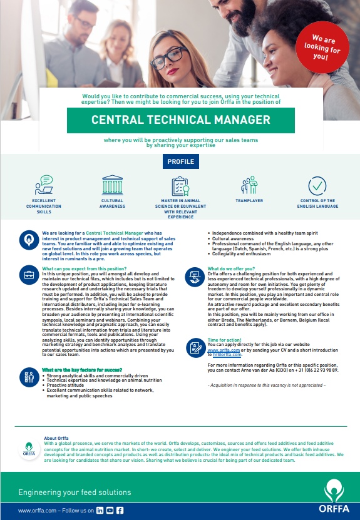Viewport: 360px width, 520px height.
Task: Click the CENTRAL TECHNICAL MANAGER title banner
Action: click(x=181, y=120)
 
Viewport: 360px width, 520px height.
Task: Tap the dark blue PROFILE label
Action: click(x=181, y=161)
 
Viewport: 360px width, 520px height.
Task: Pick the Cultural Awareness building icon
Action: click(x=112, y=186)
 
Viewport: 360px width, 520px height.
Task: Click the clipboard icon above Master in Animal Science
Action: click(x=180, y=186)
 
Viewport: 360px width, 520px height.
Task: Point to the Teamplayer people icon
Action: click(x=250, y=186)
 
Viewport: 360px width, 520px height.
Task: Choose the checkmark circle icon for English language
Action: click(x=318, y=186)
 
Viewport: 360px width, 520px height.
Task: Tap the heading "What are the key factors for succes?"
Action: click(x=82, y=369)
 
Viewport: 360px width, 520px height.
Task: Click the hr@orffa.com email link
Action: click(x=227, y=355)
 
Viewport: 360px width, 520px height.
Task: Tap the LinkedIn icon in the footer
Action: click(x=100, y=511)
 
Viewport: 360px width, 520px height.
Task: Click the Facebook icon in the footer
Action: click(x=120, y=511)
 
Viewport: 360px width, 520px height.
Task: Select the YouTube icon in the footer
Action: click(x=110, y=511)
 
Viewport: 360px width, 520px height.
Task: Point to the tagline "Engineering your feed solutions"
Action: click(x=75, y=492)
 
